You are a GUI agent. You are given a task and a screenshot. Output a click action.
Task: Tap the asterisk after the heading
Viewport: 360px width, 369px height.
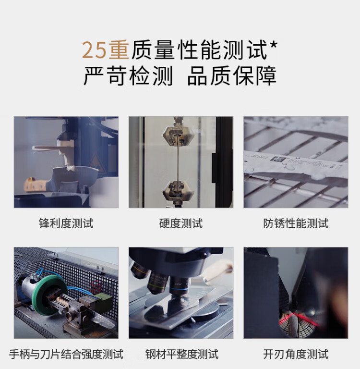coord(273,45)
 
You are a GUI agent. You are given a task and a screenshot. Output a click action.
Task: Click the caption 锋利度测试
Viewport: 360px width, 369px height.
coord(66,223)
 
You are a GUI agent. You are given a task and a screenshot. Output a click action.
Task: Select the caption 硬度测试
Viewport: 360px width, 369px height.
coord(181,223)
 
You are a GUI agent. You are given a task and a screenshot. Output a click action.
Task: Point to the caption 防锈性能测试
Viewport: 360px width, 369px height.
coord(296,223)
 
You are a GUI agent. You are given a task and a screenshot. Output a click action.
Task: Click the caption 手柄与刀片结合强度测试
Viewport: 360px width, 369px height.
coord(66,354)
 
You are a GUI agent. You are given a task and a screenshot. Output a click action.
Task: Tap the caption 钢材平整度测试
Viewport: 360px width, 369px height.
coord(182,354)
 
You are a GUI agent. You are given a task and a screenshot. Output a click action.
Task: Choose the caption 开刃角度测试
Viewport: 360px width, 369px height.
coord(296,354)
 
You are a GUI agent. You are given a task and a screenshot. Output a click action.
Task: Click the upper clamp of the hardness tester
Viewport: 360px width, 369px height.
coord(178,136)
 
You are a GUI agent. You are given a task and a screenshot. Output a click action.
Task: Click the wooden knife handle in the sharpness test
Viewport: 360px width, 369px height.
coord(36,184)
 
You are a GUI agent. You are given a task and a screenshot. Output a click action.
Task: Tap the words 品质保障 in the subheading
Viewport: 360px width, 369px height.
coord(232,76)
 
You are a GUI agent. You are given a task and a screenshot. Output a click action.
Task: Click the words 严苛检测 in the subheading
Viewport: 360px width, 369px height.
coord(128,76)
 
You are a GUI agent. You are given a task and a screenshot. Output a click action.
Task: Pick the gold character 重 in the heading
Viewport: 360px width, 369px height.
coord(119,50)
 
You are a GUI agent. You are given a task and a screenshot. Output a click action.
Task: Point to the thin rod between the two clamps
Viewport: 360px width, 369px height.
coord(178,163)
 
